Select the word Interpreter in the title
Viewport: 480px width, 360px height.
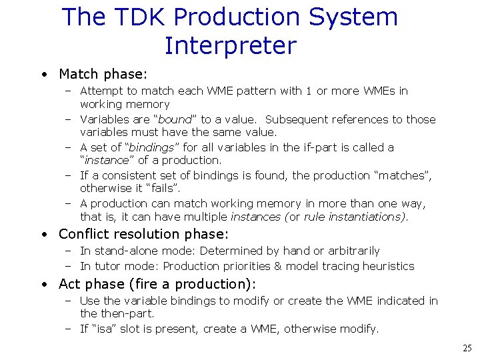click(230, 46)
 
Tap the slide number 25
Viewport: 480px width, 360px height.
click(467, 348)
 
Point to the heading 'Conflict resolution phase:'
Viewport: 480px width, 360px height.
click(143, 234)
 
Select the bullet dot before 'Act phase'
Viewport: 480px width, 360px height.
click(43, 285)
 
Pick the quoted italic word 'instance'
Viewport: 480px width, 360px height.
click(107, 160)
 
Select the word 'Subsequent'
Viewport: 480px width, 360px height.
click(293, 119)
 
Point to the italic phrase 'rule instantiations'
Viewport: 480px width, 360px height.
click(353, 217)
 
